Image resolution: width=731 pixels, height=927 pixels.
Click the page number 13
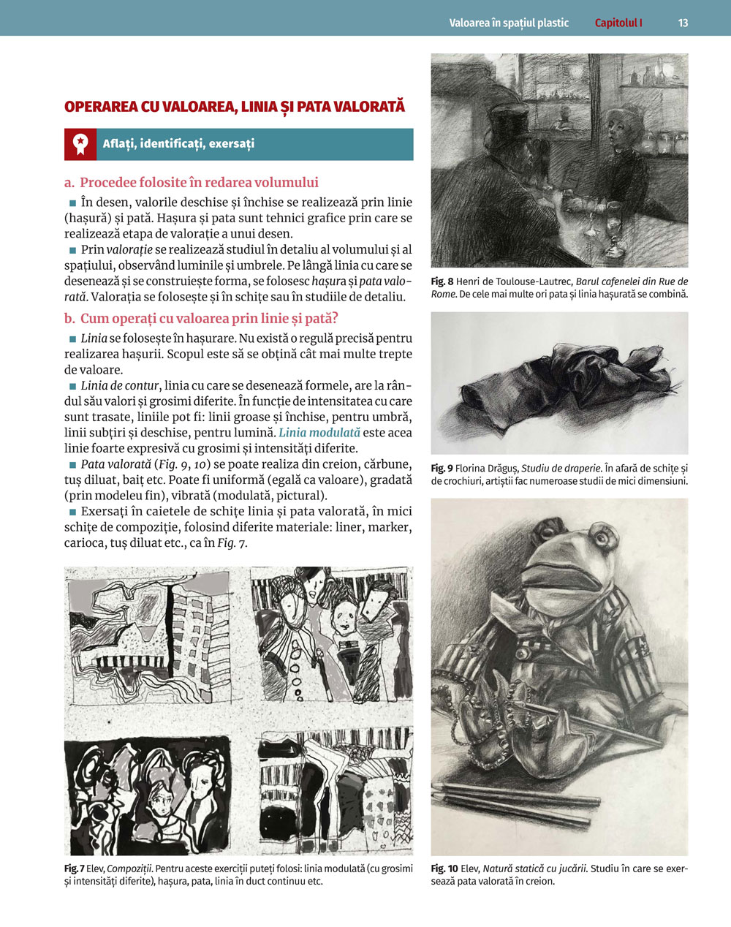point(683,23)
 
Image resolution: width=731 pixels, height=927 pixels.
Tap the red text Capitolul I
point(618,23)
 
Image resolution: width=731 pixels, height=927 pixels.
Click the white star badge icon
point(80,144)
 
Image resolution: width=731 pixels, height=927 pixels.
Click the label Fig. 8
point(442,281)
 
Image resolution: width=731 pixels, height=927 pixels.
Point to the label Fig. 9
point(442,468)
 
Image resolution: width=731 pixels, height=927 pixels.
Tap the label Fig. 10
point(444,869)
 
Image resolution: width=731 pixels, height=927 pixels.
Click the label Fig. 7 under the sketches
point(74,869)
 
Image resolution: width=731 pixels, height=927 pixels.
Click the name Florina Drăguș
point(487,468)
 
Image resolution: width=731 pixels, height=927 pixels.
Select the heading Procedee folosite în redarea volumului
point(199,183)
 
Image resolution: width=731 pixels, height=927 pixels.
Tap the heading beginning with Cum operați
point(209,318)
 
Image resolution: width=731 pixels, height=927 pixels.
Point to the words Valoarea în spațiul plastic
point(509,23)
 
